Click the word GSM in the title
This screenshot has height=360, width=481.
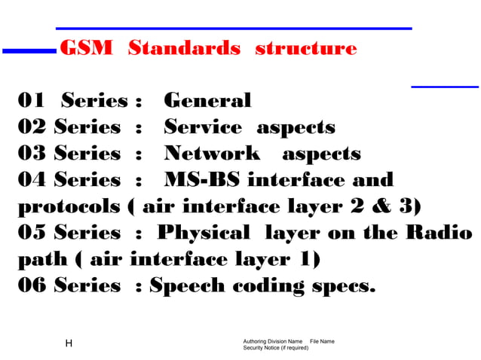coord(85,48)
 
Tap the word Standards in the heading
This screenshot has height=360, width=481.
coord(185,48)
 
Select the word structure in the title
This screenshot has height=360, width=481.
coord(305,48)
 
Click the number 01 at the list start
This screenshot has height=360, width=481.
coord(32,100)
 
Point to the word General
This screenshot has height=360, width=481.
coord(207,100)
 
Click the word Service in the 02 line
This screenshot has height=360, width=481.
coord(203,127)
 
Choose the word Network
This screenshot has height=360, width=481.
coord(212,154)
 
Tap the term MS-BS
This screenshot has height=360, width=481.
coord(201,180)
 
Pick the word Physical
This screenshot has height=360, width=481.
coord(207,233)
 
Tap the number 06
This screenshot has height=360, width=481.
coord(32,286)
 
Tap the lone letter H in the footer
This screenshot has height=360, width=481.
coord(69,344)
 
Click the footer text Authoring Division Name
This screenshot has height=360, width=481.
coord(273,341)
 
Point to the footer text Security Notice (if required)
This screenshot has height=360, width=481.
coord(276,348)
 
